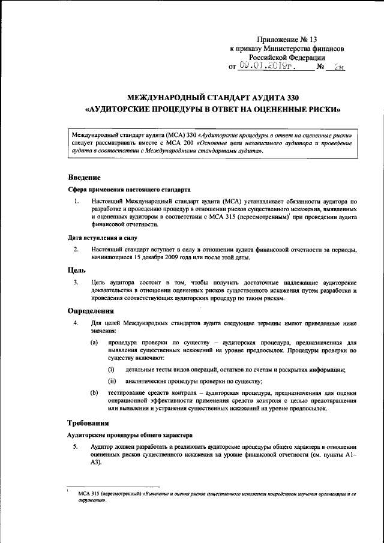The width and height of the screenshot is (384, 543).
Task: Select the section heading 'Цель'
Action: (x=77, y=270)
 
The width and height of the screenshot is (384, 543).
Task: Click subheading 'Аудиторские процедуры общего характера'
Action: (x=130, y=434)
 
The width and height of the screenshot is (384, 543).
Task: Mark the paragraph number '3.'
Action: (x=76, y=282)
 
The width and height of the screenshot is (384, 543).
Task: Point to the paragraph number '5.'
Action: (x=76, y=447)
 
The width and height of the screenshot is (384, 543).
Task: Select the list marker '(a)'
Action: (x=94, y=341)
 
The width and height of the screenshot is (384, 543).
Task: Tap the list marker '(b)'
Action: (x=94, y=392)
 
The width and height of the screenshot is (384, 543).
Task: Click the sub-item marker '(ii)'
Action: (x=112, y=381)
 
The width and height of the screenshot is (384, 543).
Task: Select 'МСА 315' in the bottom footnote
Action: (x=83, y=494)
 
